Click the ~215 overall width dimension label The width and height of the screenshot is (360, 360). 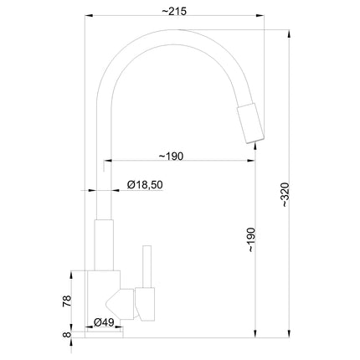click(174, 12)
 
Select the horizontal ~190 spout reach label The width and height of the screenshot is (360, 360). click(171, 157)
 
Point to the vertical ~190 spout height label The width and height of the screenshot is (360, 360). click(251, 240)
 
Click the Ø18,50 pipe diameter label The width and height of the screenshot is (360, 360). click(145, 185)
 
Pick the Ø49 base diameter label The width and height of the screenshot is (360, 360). click(104, 322)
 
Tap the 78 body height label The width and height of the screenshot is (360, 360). click(67, 301)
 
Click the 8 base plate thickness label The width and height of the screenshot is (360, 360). click(67, 334)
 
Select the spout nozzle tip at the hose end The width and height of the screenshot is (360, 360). click(250, 123)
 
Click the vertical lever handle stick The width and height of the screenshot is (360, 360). click(147, 266)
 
